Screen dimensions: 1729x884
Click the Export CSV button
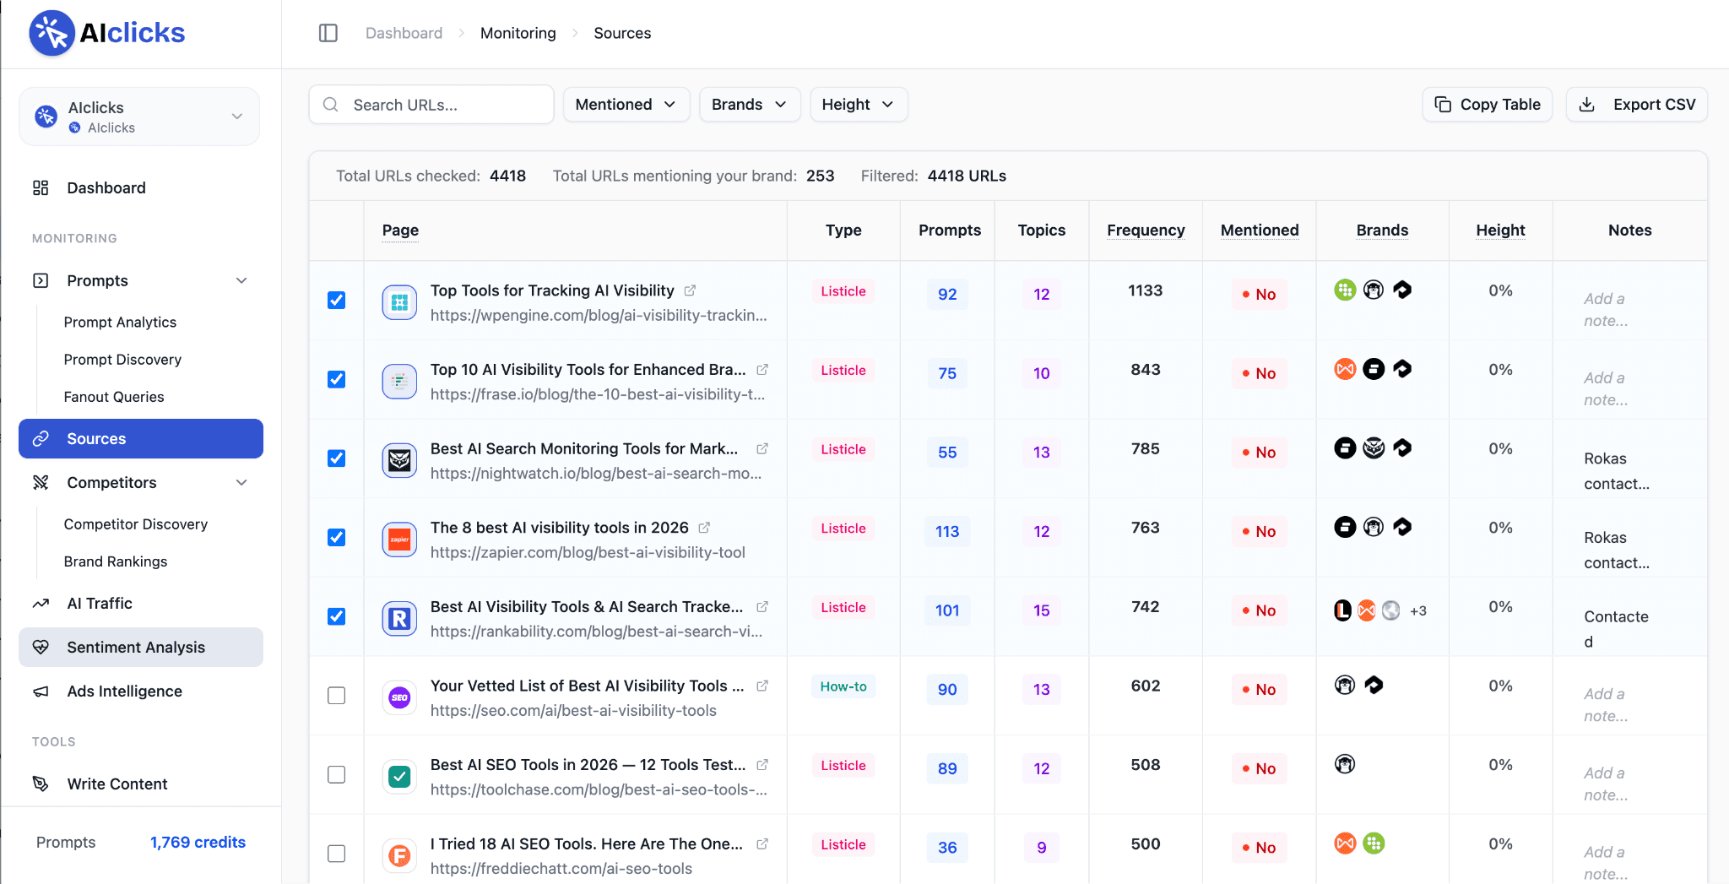click(x=1636, y=105)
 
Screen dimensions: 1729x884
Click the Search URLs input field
click(x=431, y=105)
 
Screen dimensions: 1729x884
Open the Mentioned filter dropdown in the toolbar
click(x=626, y=105)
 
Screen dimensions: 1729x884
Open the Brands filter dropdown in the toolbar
click(x=750, y=105)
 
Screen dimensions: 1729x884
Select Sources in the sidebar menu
click(x=141, y=439)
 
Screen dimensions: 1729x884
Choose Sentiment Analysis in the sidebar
click(x=141, y=648)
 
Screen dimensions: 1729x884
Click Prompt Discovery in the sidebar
click(x=122, y=360)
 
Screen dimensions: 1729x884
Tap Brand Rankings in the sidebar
click(x=116, y=561)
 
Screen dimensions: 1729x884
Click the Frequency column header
click(x=1146, y=230)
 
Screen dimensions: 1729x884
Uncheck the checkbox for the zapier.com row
click(x=337, y=538)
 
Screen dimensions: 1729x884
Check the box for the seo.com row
click(x=337, y=696)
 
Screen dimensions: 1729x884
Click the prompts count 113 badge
click(x=947, y=532)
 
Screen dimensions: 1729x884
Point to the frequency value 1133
click(x=1146, y=290)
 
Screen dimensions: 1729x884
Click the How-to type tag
click(x=843, y=686)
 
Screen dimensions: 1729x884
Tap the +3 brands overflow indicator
click(x=1418, y=611)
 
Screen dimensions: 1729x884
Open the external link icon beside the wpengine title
click(x=690, y=290)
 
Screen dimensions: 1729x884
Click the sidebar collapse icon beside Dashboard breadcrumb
click(x=328, y=33)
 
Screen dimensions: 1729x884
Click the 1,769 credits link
click(x=198, y=843)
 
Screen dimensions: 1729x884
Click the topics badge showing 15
click(x=1042, y=610)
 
